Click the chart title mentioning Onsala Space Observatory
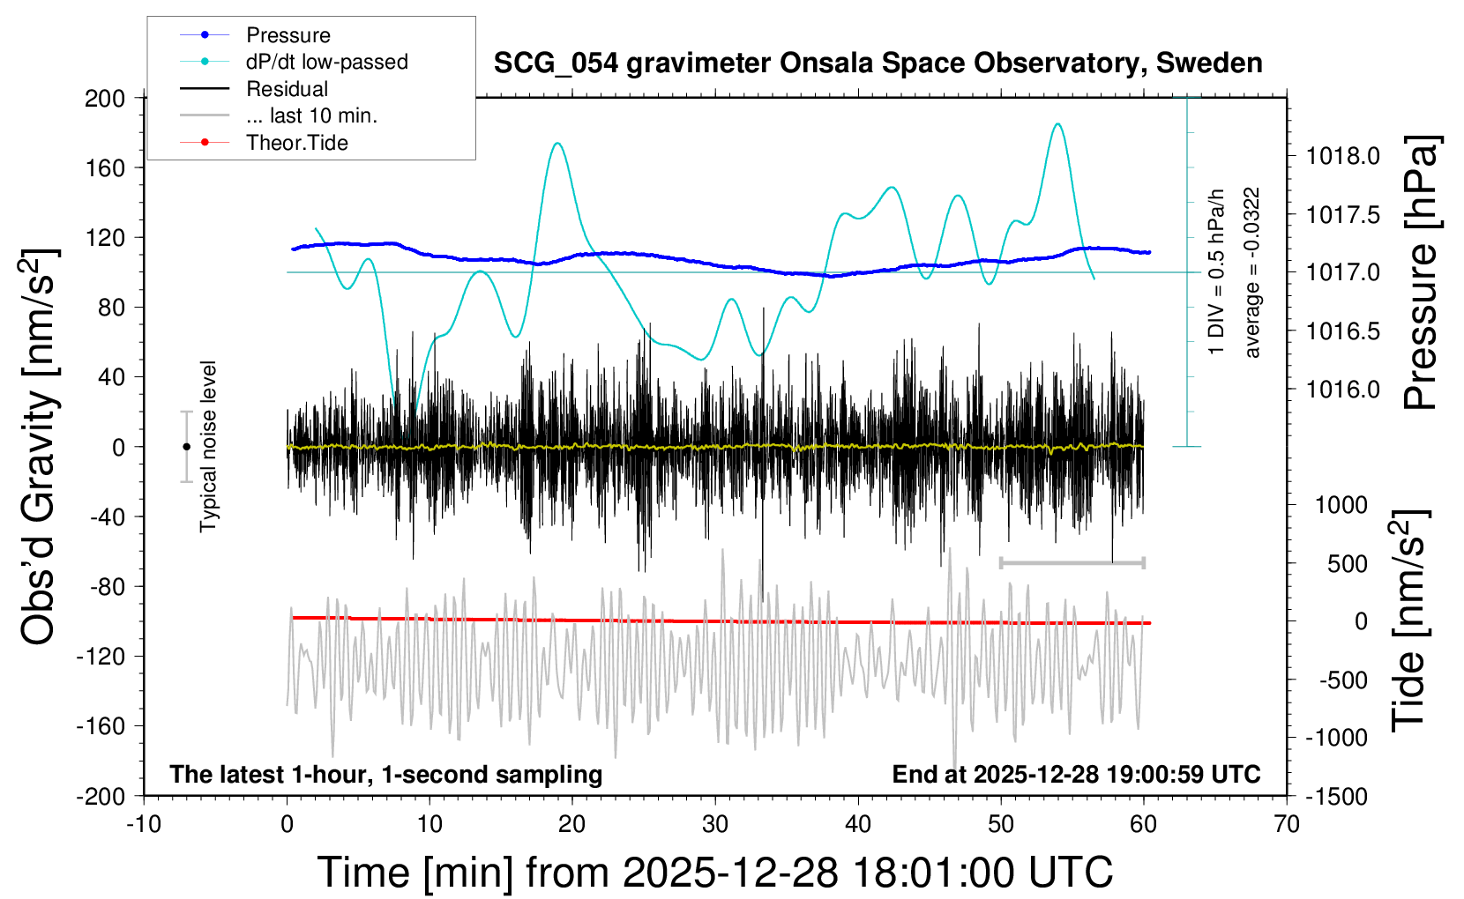878,63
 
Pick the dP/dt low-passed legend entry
326,62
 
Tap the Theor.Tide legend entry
296,143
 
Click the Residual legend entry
287,89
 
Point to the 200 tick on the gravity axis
105,98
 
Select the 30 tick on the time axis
715,825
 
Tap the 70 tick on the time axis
1287,825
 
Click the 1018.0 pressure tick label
1342,156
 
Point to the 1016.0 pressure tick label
1342,389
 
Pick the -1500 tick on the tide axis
1336,796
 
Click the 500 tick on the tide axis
1347,563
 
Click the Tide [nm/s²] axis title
1409,620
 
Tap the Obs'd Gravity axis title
39,447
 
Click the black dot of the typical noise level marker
186,447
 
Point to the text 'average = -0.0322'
1252,272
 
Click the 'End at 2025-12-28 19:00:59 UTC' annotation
1076,774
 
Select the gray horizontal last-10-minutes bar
1072,562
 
